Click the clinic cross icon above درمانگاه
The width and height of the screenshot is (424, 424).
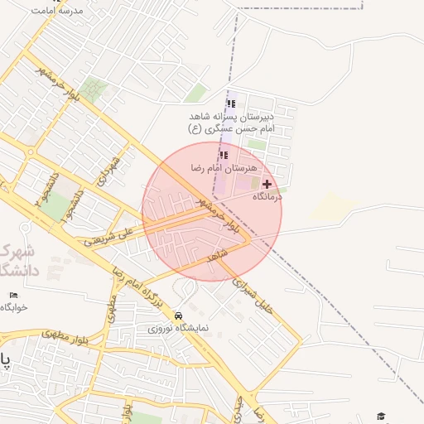tap(267, 184)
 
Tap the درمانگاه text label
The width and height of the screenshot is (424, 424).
tap(267, 196)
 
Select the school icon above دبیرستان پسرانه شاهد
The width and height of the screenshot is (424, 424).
tap(231, 104)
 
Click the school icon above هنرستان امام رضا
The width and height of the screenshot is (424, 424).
tap(224, 154)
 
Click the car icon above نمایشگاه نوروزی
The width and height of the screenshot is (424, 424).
tap(179, 316)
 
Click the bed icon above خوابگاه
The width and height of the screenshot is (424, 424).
tap(12, 296)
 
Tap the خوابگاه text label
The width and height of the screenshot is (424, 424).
tap(13, 307)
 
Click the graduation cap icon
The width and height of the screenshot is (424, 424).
tap(381, 416)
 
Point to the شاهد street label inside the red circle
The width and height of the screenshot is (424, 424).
tap(217, 258)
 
